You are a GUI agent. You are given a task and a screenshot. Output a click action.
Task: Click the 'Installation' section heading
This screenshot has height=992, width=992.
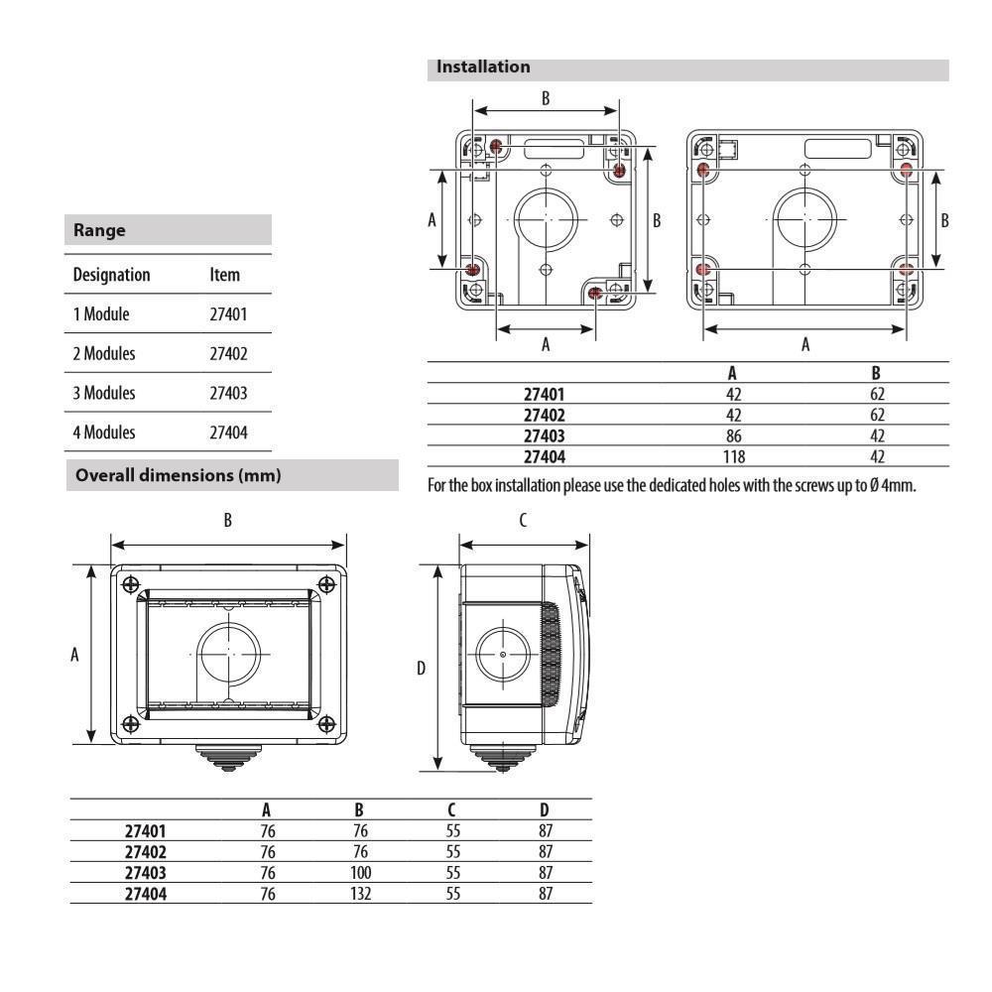tap(483, 67)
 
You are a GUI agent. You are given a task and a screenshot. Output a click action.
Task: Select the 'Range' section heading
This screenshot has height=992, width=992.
tap(99, 230)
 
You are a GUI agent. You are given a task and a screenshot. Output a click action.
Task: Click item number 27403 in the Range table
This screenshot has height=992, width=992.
tap(228, 393)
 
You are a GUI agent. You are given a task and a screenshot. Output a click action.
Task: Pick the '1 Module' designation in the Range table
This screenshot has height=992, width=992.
tap(101, 314)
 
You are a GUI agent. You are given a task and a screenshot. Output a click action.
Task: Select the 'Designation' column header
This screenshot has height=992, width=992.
tap(111, 275)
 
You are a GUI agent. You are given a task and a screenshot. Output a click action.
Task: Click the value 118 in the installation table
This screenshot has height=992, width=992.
tap(733, 456)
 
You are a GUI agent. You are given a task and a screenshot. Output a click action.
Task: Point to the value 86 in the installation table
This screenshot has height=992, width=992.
tap(733, 435)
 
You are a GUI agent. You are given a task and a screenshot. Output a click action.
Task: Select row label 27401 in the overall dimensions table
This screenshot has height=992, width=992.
tap(146, 831)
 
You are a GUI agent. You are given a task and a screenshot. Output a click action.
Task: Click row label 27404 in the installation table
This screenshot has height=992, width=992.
tap(545, 456)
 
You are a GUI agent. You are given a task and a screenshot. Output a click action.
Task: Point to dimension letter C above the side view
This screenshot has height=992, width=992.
tap(523, 520)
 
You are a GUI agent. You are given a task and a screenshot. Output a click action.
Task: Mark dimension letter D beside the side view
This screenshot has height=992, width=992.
tap(421, 670)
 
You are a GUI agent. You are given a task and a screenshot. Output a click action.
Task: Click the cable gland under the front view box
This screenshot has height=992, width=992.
tap(228, 758)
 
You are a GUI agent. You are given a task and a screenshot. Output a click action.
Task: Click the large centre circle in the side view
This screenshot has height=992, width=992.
tap(504, 656)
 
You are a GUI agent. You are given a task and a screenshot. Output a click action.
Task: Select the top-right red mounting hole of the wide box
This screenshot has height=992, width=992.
tap(906, 171)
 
